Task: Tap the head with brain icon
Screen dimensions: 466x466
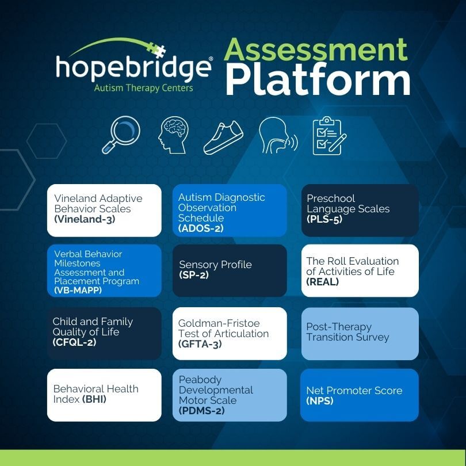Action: coord(173,135)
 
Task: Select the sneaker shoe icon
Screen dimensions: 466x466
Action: coord(223,137)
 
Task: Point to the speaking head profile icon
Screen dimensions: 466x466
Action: coord(277,135)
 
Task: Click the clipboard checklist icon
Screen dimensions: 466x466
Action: coord(329,136)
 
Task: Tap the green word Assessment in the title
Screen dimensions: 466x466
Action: coord(315,49)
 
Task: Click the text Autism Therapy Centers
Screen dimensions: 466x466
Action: coord(144,88)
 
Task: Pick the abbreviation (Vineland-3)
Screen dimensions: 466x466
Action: coord(85,219)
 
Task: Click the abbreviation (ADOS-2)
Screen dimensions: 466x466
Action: coord(201,228)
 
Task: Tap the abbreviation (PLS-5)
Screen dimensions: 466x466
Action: coord(324,219)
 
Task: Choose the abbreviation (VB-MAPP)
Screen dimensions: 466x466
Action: coord(78,290)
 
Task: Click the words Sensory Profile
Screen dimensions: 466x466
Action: coord(216,265)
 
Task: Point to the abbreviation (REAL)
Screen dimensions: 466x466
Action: coord(322,282)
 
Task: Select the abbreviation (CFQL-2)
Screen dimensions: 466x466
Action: coord(74,342)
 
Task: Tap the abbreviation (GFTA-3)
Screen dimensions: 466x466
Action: coord(200,344)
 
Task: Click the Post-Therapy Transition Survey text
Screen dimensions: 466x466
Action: coord(347,332)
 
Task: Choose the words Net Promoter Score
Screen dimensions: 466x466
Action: coord(354,391)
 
